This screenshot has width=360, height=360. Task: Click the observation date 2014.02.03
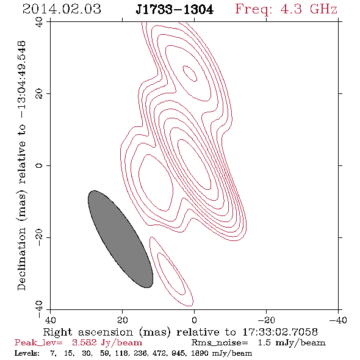point(62,9)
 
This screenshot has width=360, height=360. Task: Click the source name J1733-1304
point(175,10)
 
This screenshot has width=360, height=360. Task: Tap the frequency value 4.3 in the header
point(291,9)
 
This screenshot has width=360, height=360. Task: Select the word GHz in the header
point(323,9)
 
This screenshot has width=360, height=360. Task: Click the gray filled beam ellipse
point(121,239)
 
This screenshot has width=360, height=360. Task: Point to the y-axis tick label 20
point(39,94)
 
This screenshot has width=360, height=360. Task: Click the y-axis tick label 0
point(39,165)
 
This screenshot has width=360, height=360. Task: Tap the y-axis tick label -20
point(39,237)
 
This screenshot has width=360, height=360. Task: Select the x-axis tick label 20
point(122,320)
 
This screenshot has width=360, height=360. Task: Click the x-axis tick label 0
point(194,320)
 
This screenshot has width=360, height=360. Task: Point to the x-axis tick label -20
point(266,320)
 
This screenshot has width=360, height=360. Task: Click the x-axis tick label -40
point(338,320)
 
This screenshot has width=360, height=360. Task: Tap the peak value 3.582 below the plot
point(84,342)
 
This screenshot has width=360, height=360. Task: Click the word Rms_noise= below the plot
point(220,343)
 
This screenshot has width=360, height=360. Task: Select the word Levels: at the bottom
point(27,353)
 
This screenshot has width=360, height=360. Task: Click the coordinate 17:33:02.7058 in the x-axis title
point(280,332)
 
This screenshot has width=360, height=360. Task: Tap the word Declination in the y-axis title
point(21,259)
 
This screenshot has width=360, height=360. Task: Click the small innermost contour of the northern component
point(190,73)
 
